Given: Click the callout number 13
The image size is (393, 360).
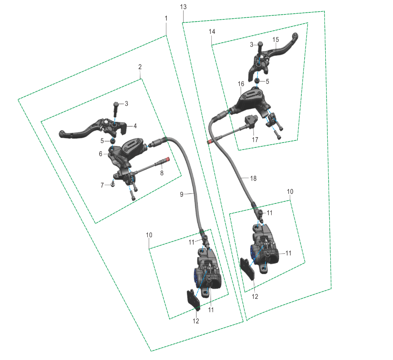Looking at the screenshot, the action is pyautogui.click(x=183, y=7).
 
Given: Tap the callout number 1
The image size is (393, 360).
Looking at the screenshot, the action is pyautogui.click(x=166, y=18).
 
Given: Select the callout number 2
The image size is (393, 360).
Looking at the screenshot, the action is pyautogui.click(x=140, y=67).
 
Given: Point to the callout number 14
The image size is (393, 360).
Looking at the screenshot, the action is pyautogui.click(x=212, y=31).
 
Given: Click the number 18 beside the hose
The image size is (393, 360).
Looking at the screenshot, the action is pyautogui.click(x=253, y=179).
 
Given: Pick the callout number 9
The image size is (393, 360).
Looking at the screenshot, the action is pyautogui.click(x=182, y=194).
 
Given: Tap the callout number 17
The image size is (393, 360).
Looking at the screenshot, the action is pyautogui.click(x=255, y=140).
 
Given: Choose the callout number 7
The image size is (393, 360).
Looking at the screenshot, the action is pyautogui.click(x=102, y=185).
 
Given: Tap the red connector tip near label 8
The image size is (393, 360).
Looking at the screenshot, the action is pyautogui.click(x=168, y=159).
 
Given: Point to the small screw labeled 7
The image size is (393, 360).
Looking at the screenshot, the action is pyautogui.click(x=113, y=184).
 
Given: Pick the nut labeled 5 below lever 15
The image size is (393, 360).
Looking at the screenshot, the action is pyautogui.click(x=257, y=81).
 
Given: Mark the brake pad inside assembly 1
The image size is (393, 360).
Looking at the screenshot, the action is pyautogui.click(x=194, y=300).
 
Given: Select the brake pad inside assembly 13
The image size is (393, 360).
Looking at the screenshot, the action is pyautogui.click(x=247, y=268).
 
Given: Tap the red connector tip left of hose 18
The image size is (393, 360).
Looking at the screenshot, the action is pyautogui.click(x=208, y=142).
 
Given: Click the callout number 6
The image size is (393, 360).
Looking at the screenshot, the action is pyautogui.click(x=100, y=154).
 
